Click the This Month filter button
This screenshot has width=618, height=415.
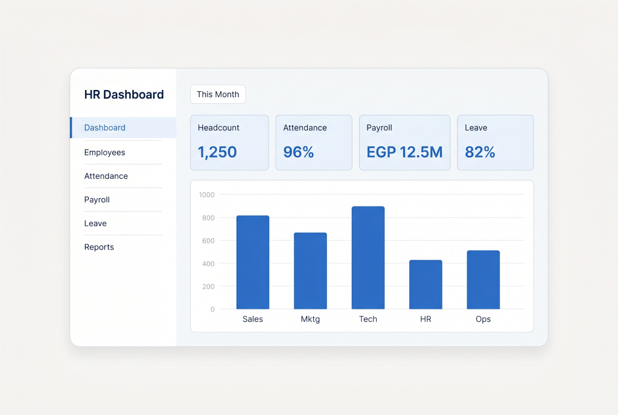218,94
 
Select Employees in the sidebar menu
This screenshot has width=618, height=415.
104,153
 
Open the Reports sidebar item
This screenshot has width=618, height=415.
99,247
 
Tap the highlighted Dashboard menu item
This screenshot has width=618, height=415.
123,128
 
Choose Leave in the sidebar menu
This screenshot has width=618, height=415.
95,224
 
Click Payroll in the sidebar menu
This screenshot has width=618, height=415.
97,200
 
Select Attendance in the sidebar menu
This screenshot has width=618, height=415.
106,176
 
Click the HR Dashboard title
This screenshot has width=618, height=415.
124,95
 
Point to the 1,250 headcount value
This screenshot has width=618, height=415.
217,152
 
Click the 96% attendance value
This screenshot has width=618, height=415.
298,152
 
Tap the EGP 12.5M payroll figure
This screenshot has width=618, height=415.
404,152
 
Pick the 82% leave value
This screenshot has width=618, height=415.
480,152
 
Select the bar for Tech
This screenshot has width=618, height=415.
368,257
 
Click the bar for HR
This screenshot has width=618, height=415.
425,285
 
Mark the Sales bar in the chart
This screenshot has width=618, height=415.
253,262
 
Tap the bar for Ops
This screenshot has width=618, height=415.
483,280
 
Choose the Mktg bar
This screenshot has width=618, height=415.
310,271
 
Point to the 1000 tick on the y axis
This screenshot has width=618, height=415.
206,195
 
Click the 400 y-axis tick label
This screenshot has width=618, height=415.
208,263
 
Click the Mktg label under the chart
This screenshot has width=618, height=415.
310,319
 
